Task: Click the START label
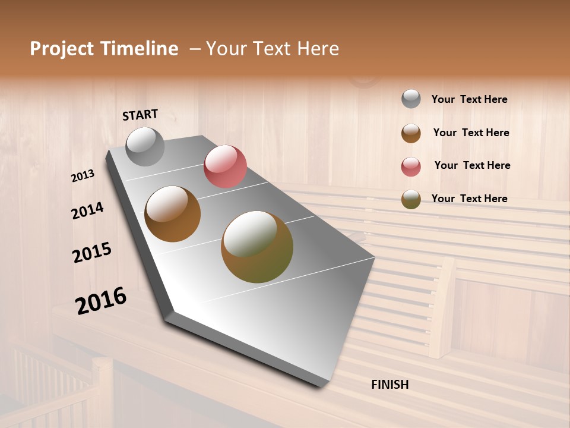(140, 115)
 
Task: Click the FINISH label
(390, 385)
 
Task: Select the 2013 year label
(83, 176)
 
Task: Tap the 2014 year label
(88, 210)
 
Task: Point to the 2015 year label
(92, 253)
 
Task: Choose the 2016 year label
(101, 301)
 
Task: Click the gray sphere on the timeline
(145, 146)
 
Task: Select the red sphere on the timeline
(225, 166)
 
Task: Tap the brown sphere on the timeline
(172, 214)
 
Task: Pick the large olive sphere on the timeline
(257, 247)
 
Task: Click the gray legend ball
(411, 99)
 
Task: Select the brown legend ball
(411, 133)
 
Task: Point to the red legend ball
(411, 166)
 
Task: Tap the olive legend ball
(411, 199)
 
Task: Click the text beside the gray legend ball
(469, 99)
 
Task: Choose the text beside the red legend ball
(472, 165)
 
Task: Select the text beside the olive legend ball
(469, 199)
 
